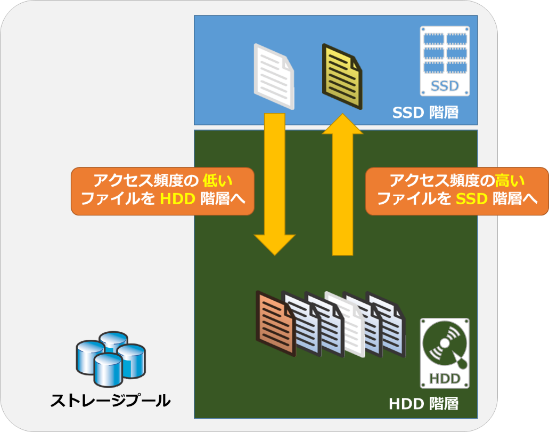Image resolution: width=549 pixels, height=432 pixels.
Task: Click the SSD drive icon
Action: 445,61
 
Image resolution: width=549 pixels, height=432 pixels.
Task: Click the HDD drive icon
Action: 445,353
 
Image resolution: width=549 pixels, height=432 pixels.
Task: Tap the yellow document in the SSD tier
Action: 342,76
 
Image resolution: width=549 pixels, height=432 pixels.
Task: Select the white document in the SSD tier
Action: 274,76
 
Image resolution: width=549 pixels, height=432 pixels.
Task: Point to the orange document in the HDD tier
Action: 275,323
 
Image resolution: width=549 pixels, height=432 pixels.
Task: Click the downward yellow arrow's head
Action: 275,244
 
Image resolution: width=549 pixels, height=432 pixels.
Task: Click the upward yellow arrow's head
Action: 342,124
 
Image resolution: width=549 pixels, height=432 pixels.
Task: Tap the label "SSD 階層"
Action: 425,113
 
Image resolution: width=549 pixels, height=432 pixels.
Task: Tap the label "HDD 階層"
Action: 424,404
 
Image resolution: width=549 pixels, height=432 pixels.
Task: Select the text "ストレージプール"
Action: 110,401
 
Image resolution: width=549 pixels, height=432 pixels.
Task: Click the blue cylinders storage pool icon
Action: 111,358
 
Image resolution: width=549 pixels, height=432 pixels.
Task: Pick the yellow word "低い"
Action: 217,181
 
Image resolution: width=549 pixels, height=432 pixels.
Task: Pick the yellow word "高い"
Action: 510,181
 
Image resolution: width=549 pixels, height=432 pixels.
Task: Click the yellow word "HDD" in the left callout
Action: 177,199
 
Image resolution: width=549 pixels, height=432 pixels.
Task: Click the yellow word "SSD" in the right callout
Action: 472,199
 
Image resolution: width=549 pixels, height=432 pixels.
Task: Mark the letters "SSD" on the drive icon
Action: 445,86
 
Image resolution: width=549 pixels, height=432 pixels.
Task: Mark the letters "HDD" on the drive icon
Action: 445,379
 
